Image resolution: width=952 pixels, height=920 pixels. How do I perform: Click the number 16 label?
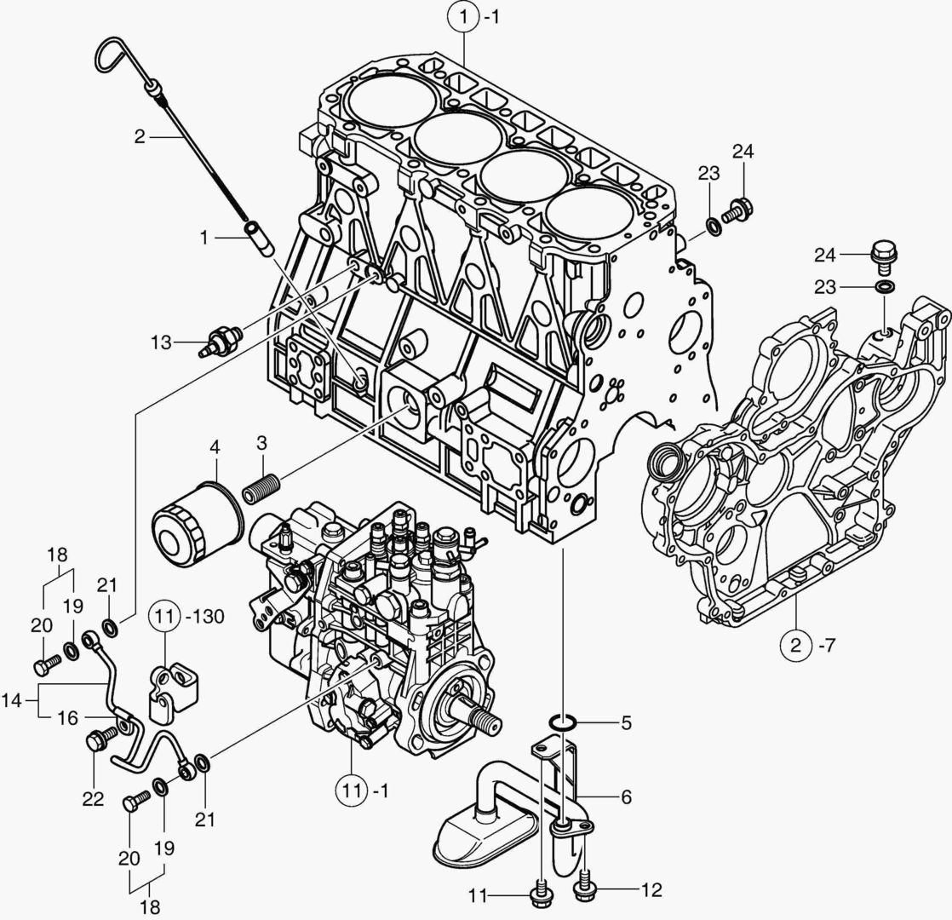pyautogui.click(x=68, y=718)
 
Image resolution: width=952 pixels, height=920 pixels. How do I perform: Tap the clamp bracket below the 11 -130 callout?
pyautogui.click(x=175, y=687)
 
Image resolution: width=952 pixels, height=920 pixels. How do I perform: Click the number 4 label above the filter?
pyautogui.click(x=215, y=446)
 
